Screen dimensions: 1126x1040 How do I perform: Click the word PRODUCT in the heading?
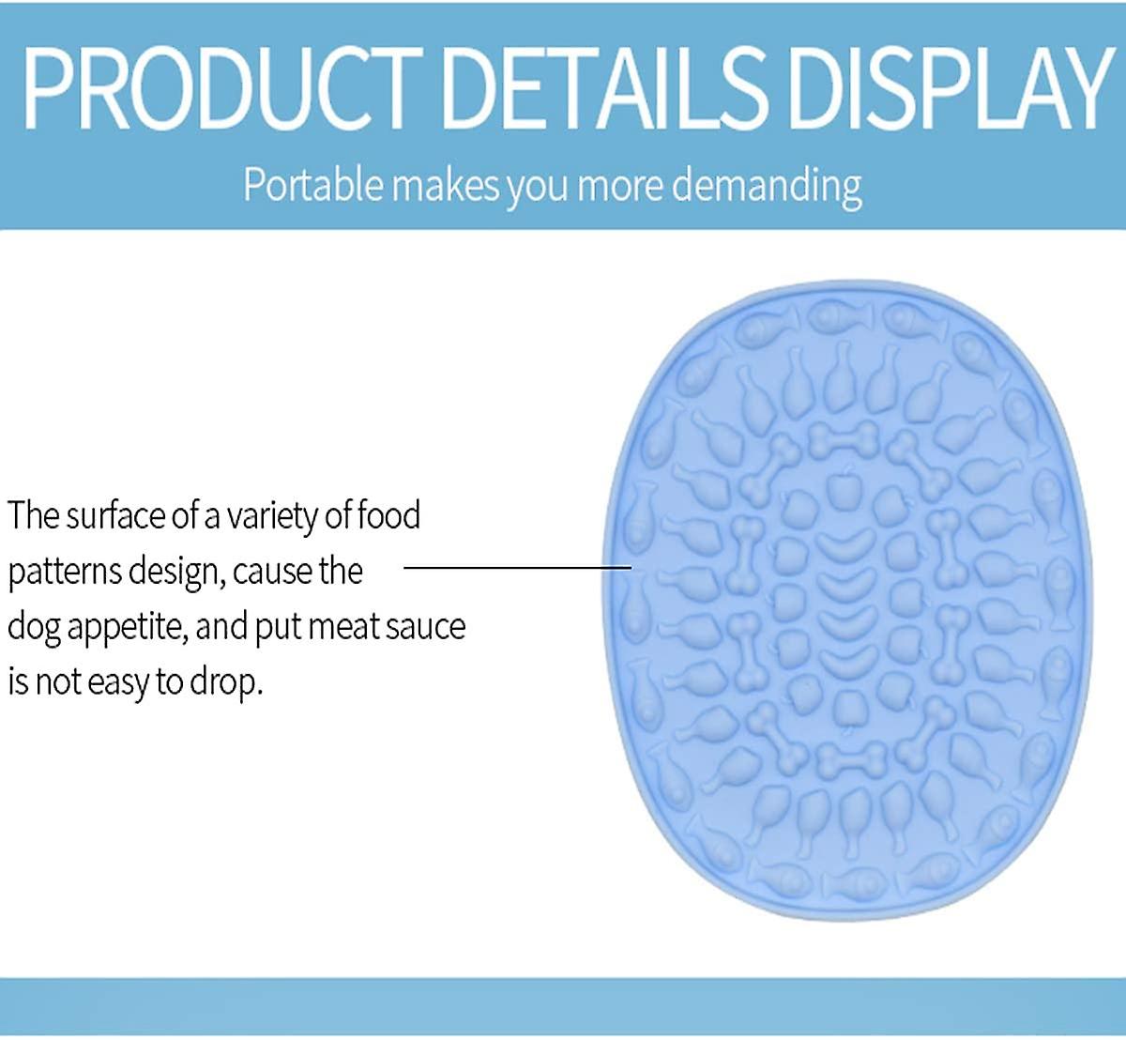click(x=222, y=88)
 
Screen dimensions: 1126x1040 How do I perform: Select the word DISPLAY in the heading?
click(x=949, y=88)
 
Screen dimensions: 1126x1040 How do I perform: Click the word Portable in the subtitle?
click(x=313, y=184)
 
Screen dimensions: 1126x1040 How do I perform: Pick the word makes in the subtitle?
click(x=447, y=185)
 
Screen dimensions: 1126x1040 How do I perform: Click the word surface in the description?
click(x=114, y=515)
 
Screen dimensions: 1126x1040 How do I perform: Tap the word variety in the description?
click(x=272, y=517)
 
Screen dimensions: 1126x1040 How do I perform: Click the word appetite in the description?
click(x=128, y=628)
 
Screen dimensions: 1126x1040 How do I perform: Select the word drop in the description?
click(x=226, y=683)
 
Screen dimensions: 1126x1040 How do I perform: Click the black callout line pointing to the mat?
click(x=517, y=567)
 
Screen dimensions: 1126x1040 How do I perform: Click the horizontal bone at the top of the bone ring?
click(x=844, y=438)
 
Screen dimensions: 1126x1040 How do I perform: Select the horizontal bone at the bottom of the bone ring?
click(x=852, y=759)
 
